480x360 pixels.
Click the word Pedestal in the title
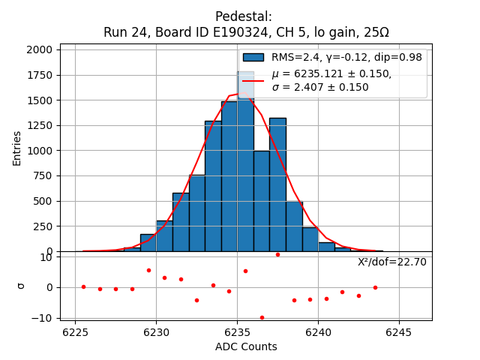(x=244, y=16)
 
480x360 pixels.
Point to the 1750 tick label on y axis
(x=40, y=75)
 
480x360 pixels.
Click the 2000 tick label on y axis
(x=40, y=49)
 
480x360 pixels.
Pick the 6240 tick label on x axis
(x=318, y=331)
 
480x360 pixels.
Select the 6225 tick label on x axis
(x=75, y=331)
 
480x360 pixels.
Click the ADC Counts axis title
(x=246, y=346)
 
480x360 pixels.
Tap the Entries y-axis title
(x=17, y=148)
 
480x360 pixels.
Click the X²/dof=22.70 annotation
(x=391, y=262)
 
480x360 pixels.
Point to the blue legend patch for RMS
(x=253, y=57)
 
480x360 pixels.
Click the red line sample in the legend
(x=253, y=80)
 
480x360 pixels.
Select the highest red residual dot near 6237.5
(x=277, y=254)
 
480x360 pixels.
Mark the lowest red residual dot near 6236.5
(x=262, y=317)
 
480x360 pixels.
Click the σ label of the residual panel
(x=21, y=286)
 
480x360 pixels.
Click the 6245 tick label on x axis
(x=399, y=331)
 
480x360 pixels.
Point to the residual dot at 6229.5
(x=148, y=270)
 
